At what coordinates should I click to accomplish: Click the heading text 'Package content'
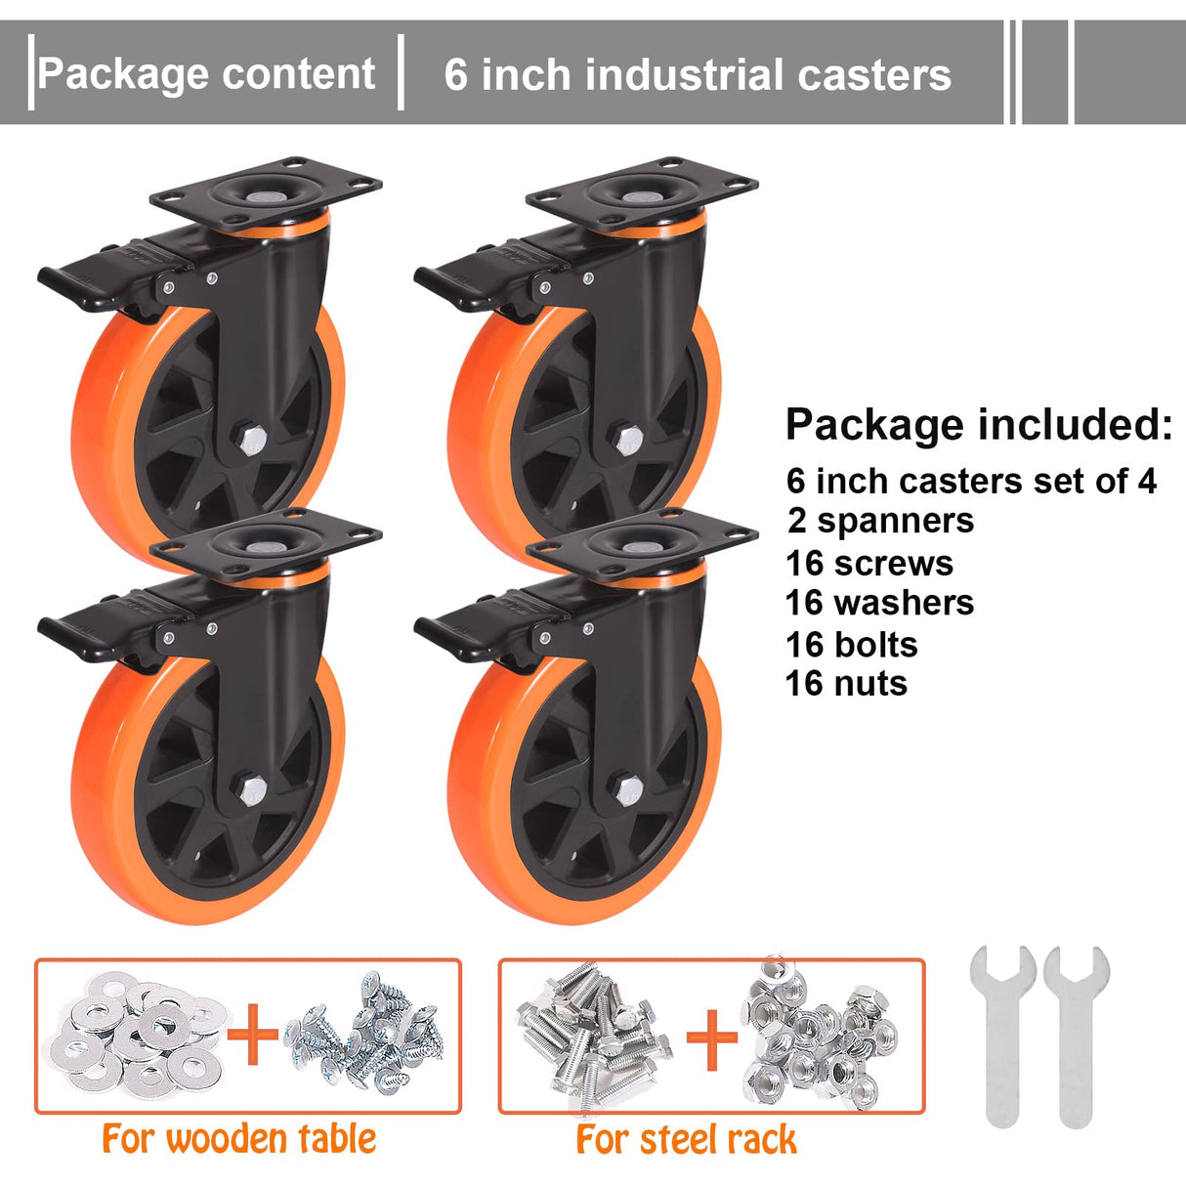(x=206, y=74)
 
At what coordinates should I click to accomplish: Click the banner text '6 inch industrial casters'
(x=697, y=75)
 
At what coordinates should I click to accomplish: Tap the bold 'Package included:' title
(x=978, y=425)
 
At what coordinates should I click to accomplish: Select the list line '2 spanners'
(x=881, y=521)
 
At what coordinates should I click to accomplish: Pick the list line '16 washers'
(x=880, y=603)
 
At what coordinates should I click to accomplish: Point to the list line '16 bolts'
(x=852, y=645)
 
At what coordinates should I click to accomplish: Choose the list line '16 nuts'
(x=847, y=684)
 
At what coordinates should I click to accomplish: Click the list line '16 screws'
(x=870, y=564)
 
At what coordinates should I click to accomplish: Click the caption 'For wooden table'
(x=239, y=1139)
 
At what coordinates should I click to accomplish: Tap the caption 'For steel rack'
(x=686, y=1140)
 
